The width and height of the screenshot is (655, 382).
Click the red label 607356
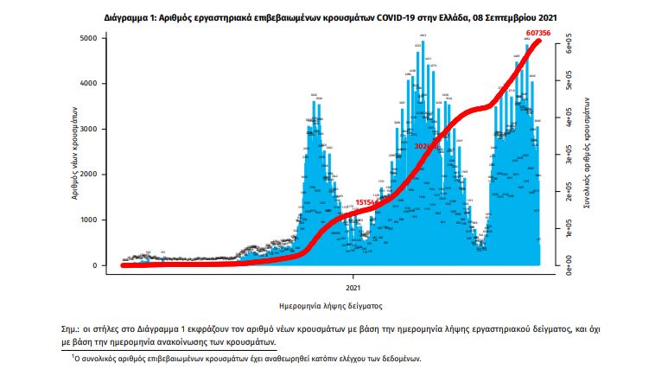[x=537, y=34]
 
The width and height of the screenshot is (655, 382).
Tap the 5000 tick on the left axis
[x=90, y=39]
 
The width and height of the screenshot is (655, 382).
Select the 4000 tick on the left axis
[x=90, y=84]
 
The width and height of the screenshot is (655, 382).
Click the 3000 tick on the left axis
[x=90, y=130]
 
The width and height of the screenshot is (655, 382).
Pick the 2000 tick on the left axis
[x=90, y=175]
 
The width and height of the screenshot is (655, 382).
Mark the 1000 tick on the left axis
[x=90, y=220]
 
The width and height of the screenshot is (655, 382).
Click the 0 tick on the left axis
[x=96, y=265]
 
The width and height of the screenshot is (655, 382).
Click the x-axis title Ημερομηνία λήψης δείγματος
[x=332, y=306]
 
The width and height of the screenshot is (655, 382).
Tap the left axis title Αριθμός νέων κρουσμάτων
[x=74, y=153]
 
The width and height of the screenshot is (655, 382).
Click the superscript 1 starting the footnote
[x=73, y=355]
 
